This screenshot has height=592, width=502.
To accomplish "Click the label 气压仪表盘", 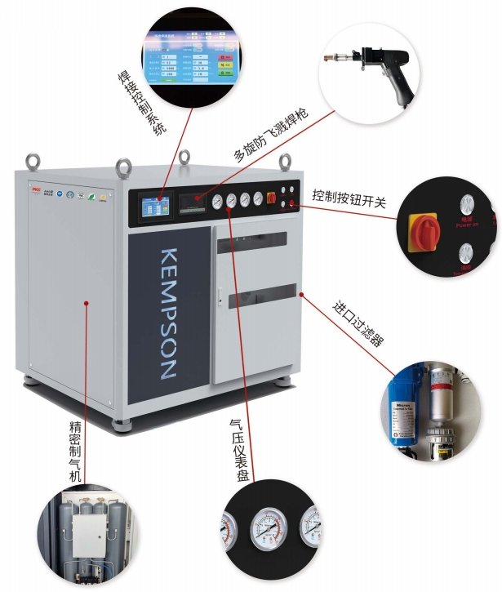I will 241,449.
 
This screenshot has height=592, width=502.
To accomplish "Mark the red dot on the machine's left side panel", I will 86,303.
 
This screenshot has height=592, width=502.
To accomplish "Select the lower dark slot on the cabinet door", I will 257,297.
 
